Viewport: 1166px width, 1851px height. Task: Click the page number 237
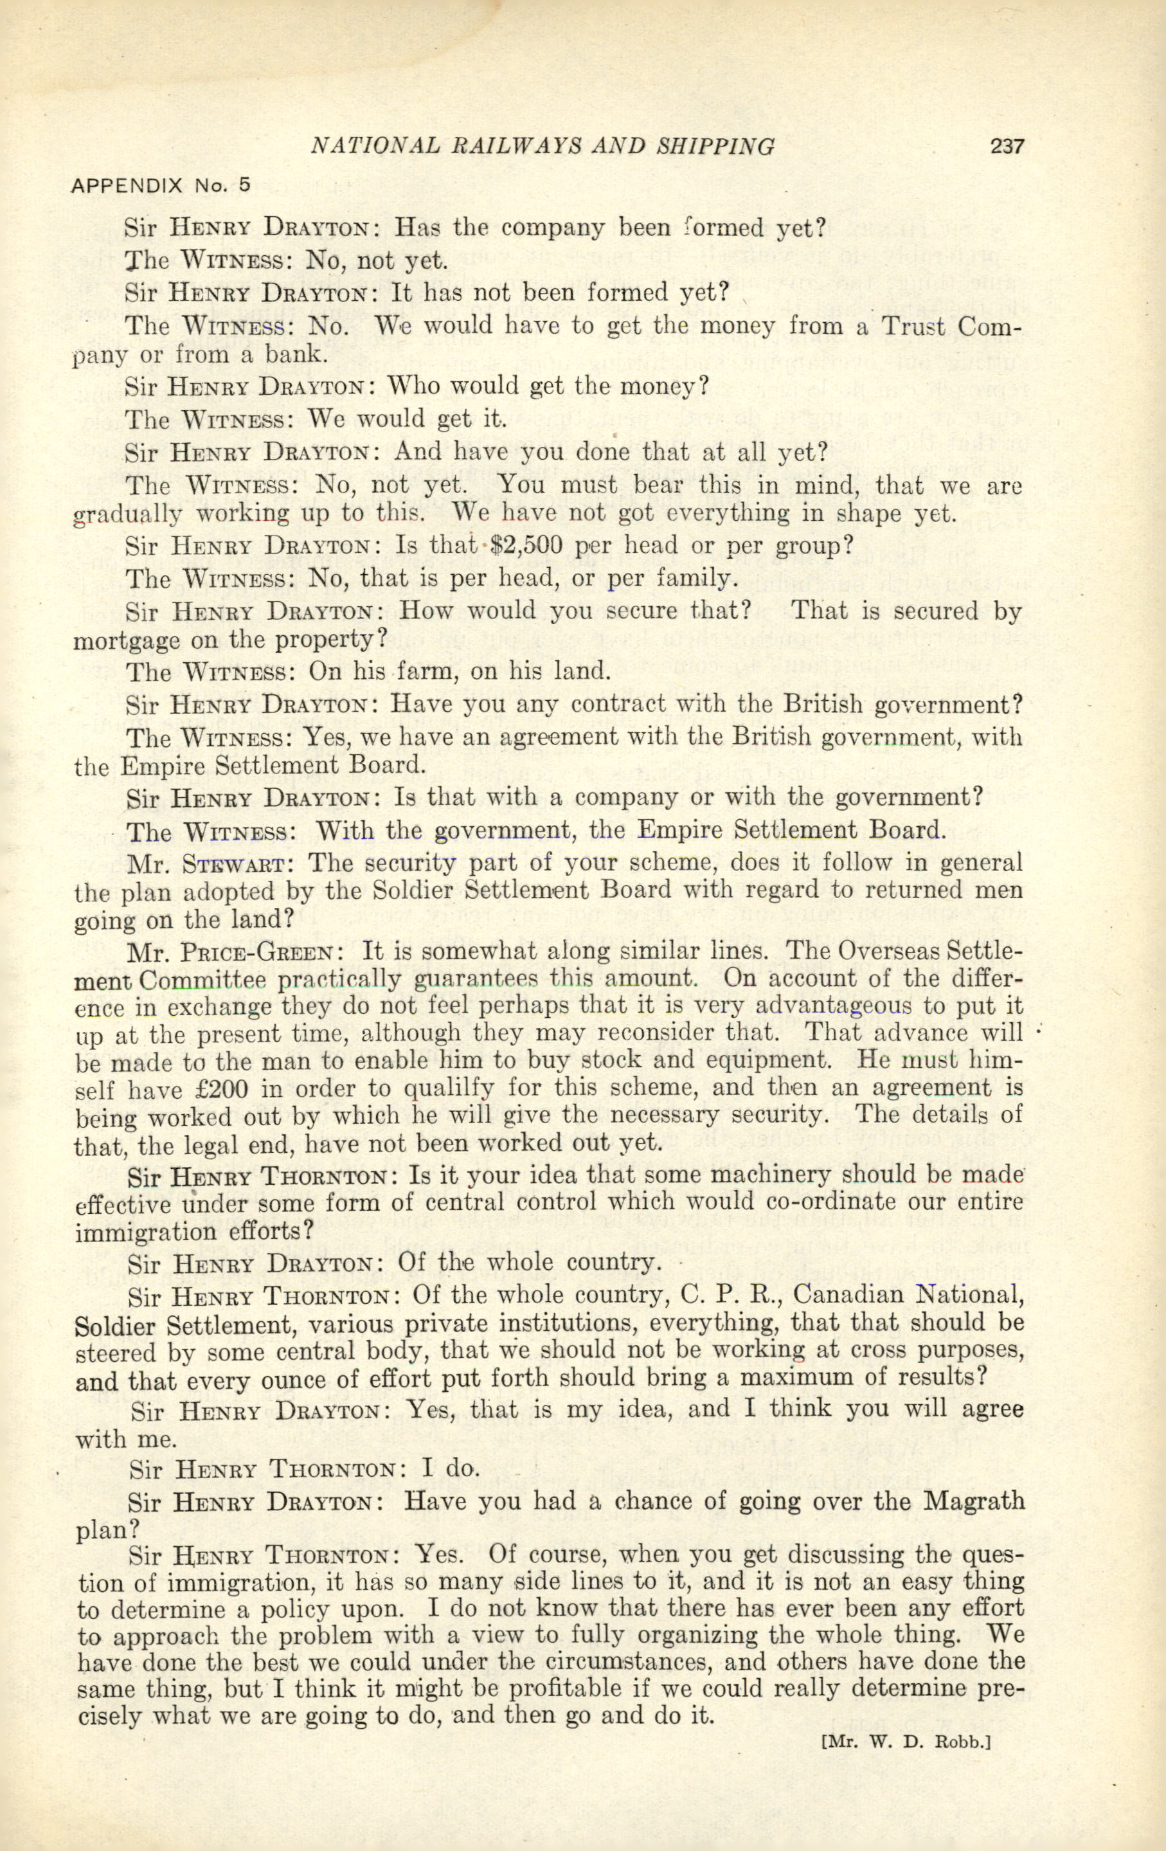click(x=1007, y=145)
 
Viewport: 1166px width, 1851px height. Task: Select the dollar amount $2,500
click(x=527, y=545)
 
